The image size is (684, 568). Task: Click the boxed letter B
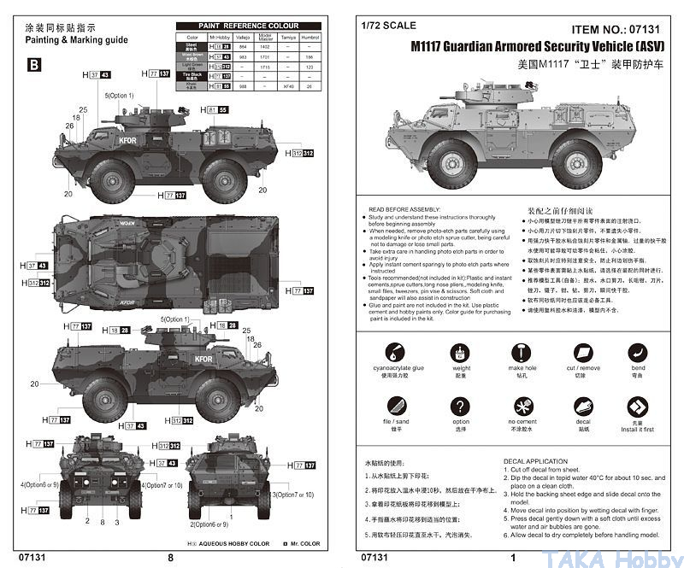(x=33, y=64)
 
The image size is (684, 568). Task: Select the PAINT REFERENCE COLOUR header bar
(x=249, y=26)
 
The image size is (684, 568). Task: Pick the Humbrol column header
(x=310, y=38)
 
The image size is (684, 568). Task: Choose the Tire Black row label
(x=192, y=75)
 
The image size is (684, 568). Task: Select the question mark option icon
(x=461, y=406)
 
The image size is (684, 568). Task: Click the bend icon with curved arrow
(x=638, y=352)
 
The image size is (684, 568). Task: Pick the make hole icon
(x=522, y=352)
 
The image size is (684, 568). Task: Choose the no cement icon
(x=522, y=406)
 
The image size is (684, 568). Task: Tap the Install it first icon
(x=638, y=406)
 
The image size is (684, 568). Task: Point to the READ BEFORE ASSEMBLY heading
(x=404, y=208)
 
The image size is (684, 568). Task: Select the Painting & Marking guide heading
(x=76, y=40)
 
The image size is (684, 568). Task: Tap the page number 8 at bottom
(x=170, y=556)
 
